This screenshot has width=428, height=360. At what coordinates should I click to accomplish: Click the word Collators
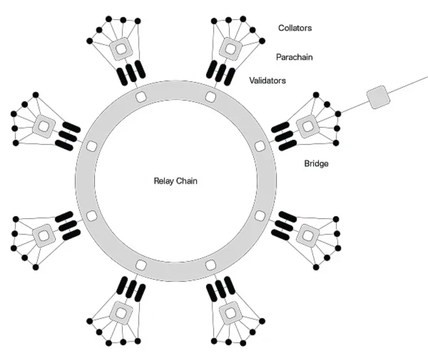295,28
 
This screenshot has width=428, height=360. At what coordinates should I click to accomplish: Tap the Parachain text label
294,57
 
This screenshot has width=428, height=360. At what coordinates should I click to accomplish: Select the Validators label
268,81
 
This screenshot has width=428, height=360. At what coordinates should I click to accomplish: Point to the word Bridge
316,164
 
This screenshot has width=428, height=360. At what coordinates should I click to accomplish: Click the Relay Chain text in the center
175,181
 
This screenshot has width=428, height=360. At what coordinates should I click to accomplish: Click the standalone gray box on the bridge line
379,98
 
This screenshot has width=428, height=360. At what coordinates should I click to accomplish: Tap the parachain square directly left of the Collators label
230,48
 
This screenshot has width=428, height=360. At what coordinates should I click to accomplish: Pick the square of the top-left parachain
121,48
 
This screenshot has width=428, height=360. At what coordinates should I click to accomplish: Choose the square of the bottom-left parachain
121,313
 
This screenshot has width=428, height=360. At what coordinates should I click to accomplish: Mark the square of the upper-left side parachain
43,126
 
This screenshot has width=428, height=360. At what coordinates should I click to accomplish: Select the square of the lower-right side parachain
308,235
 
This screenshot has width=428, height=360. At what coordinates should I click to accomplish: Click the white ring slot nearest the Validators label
211,97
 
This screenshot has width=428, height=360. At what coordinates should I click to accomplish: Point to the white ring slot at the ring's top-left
140,97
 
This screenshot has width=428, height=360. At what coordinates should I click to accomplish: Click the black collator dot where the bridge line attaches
338,114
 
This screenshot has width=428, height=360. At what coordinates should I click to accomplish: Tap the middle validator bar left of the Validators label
220,72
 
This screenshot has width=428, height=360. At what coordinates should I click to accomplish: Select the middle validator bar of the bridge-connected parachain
284,134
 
